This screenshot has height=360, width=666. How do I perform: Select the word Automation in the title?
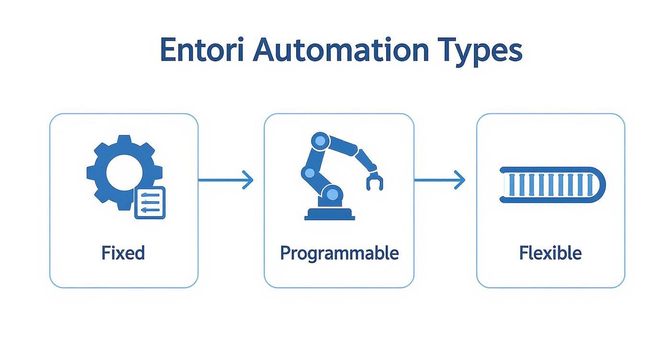coord(341,50)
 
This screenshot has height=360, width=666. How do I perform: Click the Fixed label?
coord(123,252)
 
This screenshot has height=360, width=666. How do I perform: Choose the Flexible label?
coord(550,252)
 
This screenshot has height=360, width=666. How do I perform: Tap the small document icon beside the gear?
coord(150,202)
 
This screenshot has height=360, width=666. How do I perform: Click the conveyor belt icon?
coord(552,185)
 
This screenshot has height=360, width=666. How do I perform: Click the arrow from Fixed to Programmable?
coord(225,180)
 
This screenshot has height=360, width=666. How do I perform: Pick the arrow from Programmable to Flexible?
coord(439,180)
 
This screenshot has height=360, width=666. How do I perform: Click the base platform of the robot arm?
coord(330,214)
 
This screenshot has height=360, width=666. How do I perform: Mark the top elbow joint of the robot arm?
coord(320,141)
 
